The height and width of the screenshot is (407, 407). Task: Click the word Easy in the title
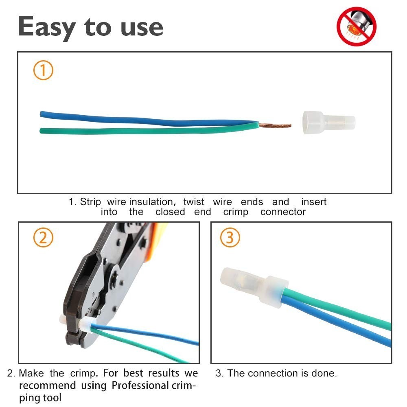[47, 28]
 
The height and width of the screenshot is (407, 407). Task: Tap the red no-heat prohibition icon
[357, 26]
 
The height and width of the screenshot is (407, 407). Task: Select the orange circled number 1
[43, 70]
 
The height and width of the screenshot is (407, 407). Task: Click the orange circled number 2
[43, 238]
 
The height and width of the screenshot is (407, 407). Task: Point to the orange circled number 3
[230, 238]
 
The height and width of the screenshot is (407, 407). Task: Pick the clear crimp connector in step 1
[329, 122]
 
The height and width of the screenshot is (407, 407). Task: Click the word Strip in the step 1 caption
[90, 202]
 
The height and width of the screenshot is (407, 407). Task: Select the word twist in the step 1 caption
[194, 202]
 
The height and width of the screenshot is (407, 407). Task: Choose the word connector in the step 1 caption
[283, 212]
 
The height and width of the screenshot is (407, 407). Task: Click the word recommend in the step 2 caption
[48, 385]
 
